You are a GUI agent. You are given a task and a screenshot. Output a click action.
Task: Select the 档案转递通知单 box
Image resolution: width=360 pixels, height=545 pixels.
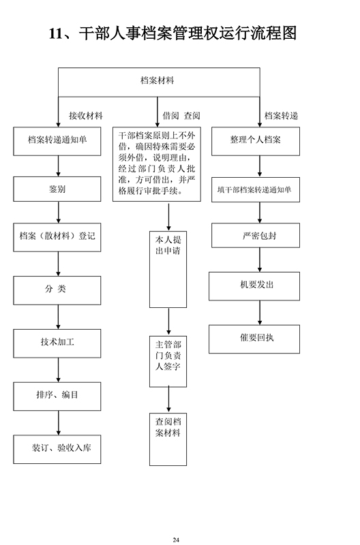click(x=57, y=141)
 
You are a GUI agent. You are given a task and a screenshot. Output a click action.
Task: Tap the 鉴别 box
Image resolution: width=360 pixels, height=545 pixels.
click(x=57, y=189)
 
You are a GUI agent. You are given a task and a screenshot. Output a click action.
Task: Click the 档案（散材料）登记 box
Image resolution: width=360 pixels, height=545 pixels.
click(x=57, y=237)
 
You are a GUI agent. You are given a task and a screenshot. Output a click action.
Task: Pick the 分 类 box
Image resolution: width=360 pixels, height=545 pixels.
click(x=57, y=291)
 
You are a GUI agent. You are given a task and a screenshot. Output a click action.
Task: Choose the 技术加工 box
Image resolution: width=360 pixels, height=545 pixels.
click(x=57, y=343)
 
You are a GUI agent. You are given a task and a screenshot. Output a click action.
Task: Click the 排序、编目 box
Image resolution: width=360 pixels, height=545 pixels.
click(x=57, y=396)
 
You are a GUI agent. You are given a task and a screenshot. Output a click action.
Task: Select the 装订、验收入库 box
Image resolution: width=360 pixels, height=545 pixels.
click(x=57, y=449)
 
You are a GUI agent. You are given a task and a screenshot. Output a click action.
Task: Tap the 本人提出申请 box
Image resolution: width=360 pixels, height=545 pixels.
click(x=168, y=269)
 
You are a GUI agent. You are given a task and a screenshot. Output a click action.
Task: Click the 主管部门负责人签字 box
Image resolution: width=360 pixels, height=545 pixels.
click(x=168, y=362)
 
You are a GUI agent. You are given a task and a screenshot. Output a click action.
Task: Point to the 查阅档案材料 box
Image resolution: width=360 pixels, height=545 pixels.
click(x=168, y=439)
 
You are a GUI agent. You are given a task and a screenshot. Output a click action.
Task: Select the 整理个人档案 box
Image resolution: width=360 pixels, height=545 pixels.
click(x=256, y=141)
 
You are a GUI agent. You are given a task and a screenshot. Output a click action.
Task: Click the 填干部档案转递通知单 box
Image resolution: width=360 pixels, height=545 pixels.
click(x=256, y=190)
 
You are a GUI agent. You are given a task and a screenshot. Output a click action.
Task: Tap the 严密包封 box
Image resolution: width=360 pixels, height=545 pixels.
click(x=256, y=235)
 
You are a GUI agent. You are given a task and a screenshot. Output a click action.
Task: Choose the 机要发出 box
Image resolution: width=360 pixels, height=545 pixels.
click(x=254, y=286)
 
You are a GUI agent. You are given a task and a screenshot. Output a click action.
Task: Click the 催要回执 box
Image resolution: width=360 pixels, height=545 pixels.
click(x=254, y=339)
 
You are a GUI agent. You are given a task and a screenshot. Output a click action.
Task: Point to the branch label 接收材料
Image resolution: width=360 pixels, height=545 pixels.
click(x=86, y=115)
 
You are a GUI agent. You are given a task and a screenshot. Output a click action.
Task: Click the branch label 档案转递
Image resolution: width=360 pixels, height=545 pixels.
click(x=282, y=115)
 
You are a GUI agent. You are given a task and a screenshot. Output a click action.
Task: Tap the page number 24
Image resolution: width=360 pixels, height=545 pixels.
click(x=176, y=540)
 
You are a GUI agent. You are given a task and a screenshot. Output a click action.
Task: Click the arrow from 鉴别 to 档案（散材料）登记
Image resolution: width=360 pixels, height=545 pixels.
click(x=59, y=213)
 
